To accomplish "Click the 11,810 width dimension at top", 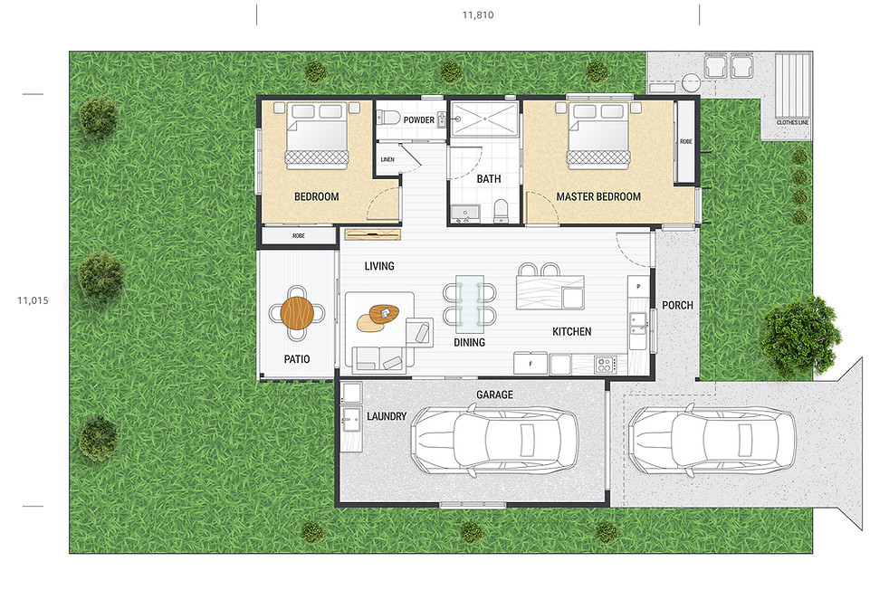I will point(477,14).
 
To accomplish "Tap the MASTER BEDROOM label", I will point(598,196).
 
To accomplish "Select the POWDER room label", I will point(418,119).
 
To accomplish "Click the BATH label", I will point(489,178).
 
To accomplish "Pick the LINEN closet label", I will point(387,159).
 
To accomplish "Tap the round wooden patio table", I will point(296,314).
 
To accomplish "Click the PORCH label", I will point(677,305).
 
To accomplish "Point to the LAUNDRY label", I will point(387,416).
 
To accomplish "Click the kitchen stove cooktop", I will point(605,365).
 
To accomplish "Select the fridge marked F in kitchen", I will point(531,365).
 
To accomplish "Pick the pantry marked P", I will point(638,286).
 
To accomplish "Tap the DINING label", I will point(469,342).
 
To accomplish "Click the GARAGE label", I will point(494,395).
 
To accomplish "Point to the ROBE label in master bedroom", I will point(685,142).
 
